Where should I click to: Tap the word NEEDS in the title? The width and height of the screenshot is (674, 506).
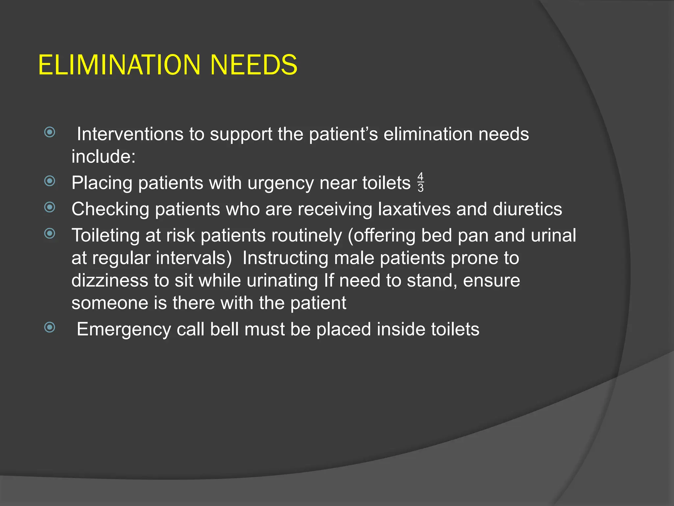tap(253, 65)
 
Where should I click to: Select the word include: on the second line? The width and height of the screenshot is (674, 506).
tap(103, 156)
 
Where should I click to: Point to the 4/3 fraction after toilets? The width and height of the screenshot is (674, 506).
tap(420, 182)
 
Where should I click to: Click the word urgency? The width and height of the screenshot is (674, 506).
tap(280, 183)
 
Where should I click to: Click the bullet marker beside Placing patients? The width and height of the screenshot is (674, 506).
tap(50, 181)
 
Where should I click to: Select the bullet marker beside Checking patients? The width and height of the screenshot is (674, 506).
tap(50, 207)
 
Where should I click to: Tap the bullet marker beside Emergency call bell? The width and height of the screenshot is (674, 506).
tap(50, 327)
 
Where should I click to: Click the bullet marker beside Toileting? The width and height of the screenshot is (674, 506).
tap(50, 234)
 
